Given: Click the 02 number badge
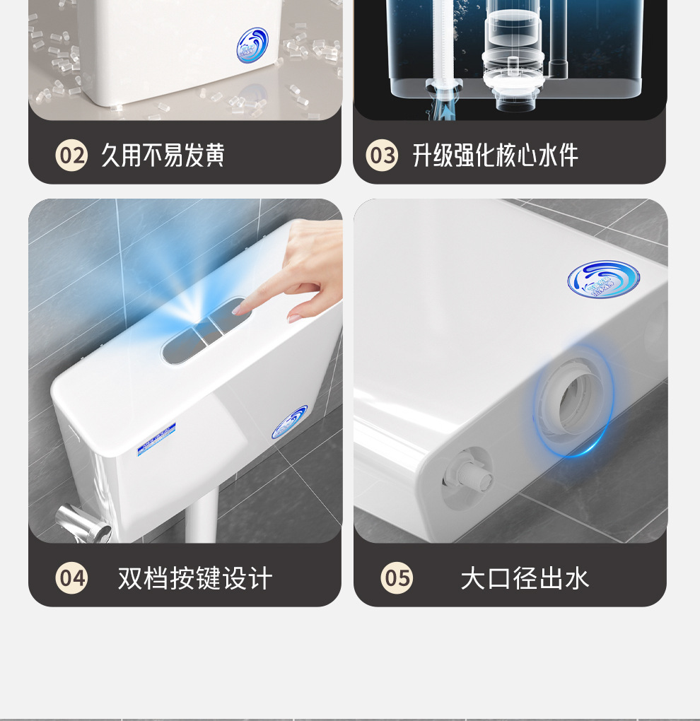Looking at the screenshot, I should pos(71,156).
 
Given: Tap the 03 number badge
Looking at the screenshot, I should pos(382,156).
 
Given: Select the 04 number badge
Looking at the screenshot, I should pos(71,578).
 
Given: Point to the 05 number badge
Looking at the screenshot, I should pos(397,578).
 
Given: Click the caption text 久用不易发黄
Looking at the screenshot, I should pos(163,156).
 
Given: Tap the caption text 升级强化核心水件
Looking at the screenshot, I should pos(495,156).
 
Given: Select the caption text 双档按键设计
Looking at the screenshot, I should pos(194,578).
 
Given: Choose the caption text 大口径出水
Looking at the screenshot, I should pos(524,578).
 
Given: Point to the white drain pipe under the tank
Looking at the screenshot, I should pos(201,520).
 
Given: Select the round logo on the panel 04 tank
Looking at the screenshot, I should pos(290,422).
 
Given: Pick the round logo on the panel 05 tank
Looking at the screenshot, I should pos(602,279).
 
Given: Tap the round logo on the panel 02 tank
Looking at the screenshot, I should pos(252,45).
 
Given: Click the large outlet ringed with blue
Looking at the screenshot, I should pos(574,403).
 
